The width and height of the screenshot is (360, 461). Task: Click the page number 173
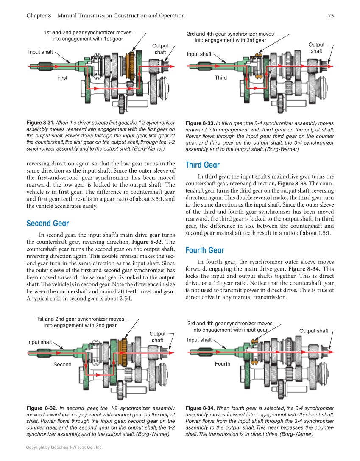tap(329, 16)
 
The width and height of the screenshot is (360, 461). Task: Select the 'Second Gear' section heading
tap(47, 224)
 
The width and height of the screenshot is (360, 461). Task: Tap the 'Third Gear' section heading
tap(202, 165)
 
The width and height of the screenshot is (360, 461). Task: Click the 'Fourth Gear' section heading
tap(205, 251)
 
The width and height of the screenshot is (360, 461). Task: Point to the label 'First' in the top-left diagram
tap(62, 78)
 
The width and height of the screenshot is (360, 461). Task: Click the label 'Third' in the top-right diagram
tap(220, 78)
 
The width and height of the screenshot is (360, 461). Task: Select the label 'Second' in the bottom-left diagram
tap(62, 365)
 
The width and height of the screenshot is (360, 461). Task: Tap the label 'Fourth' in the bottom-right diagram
tap(222, 364)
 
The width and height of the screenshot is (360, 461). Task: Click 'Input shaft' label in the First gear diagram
tap(40, 52)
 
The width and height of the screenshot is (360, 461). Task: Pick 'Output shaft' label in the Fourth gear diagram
tap(313, 331)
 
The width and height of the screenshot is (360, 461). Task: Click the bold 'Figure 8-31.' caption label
tap(40, 123)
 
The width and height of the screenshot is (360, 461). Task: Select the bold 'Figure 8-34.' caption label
tap(200, 408)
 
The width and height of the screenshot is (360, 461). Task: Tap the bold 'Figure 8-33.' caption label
tap(200, 123)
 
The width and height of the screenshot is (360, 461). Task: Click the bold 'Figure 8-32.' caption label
tap(41, 408)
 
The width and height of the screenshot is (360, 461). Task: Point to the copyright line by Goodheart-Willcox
tap(64, 447)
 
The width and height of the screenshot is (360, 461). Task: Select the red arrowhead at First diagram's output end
tap(171, 66)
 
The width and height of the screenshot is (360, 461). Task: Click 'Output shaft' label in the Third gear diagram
tap(316, 47)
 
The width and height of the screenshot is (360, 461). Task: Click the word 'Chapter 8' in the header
tap(39, 16)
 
